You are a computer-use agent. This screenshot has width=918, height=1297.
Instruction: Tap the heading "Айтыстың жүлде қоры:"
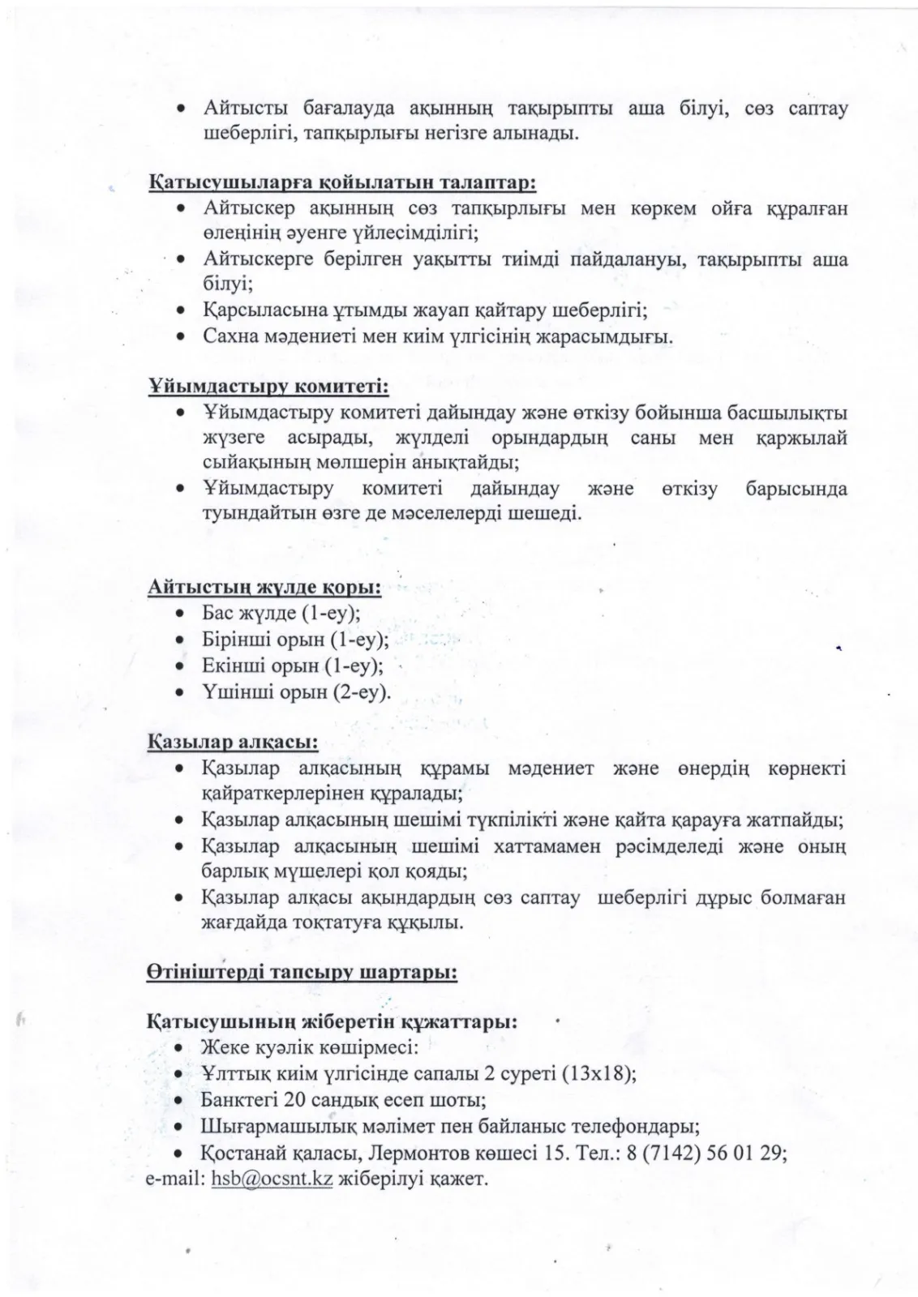(264, 586)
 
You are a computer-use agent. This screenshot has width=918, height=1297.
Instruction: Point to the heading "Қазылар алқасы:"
(232, 741)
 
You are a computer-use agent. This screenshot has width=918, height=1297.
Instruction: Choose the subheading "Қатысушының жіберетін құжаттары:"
(332, 1021)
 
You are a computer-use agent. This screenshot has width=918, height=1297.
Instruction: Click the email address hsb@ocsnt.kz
(272, 1178)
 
